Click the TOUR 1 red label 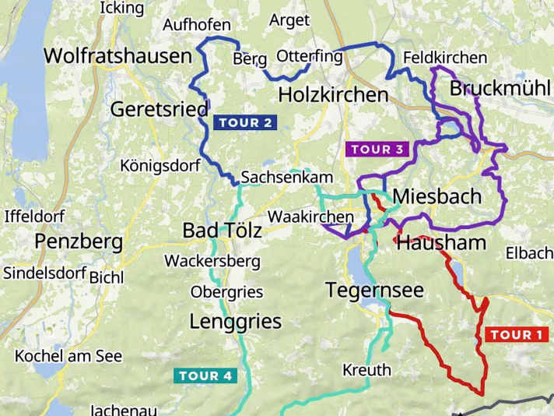pos(516,335)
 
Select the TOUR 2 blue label pos(245,122)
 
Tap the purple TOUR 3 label pos(377,149)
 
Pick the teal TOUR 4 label pos(205,375)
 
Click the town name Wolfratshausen pos(117,56)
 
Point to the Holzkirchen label pos(332,95)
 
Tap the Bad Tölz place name pos(222,231)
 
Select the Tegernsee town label pos(374,291)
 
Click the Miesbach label pos(437,196)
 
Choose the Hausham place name pos(441,242)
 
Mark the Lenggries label pos(236,321)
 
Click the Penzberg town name pos(79,241)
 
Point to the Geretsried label pos(160,108)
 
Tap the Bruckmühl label pos(500,88)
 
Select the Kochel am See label pos(68,356)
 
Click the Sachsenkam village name pos(275,178)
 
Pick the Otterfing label pos(309,56)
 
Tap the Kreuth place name pos(366,370)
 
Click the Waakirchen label pos(310,216)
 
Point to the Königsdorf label pos(160,165)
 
